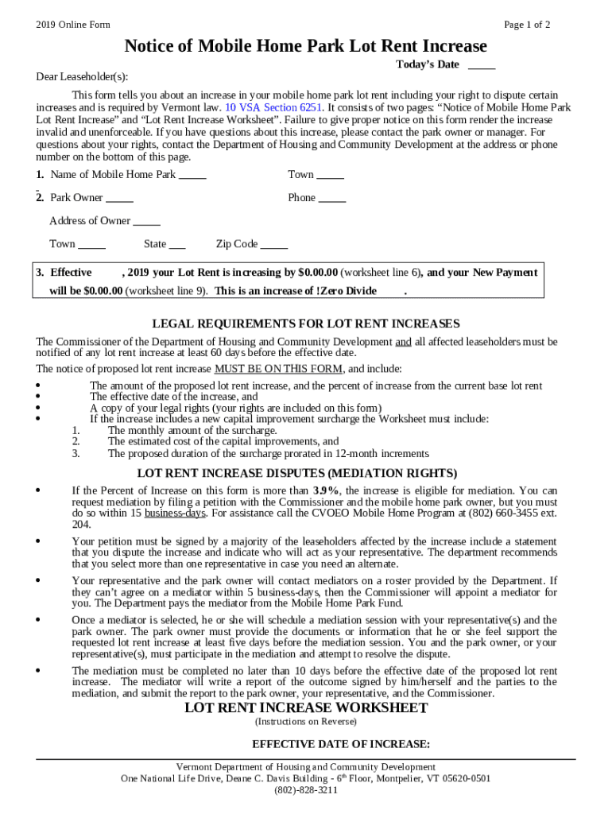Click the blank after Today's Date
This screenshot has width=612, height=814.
[x=482, y=64]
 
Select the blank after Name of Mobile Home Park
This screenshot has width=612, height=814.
[x=192, y=175]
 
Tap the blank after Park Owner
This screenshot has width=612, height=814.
[x=119, y=198]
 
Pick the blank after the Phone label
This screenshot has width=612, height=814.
[x=332, y=198]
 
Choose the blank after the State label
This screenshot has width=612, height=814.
[x=177, y=245]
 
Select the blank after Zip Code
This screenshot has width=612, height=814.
[x=274, y=245]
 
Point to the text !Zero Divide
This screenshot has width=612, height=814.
[x=346, y=291]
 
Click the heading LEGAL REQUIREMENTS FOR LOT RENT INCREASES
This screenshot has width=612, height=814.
[x=306, y=324]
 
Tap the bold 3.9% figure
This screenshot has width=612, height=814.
[x=326, y=490]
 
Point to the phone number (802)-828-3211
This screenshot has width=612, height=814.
[x=306, y=790]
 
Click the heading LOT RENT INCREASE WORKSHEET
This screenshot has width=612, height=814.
[x=306, y=707]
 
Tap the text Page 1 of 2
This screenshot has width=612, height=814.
[x=527, y=25]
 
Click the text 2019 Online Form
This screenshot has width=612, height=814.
[x=73, y=25]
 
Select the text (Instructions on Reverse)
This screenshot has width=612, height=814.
[x=306, y=722]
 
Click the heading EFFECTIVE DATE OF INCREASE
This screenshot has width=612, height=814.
[x=341, y=745]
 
